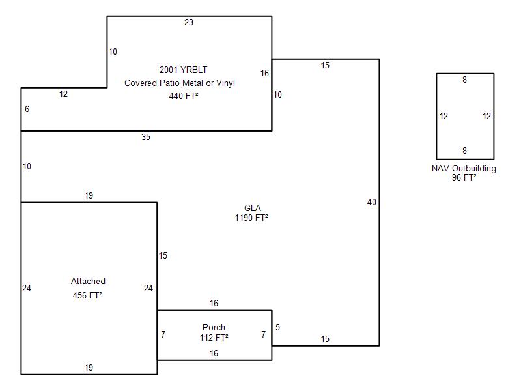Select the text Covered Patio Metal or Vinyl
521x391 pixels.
(x=180, y=83)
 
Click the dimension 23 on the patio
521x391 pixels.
(x=188, y=23)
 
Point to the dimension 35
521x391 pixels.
(x=146, y=137)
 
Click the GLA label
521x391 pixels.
(x=253, y=208)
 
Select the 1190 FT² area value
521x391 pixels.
(x=252, y=218)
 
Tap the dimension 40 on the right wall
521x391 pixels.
(x=371, y=203)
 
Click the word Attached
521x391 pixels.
(x=88, y=282)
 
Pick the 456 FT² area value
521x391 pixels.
(x=88, y=295)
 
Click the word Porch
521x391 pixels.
(x=214, y=327)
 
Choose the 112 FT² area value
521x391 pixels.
(x=214, y=338)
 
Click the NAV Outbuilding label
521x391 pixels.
(x=464, y=168)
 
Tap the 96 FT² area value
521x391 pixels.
(x=464, y=177)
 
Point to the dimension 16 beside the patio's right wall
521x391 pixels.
(x=264, y=73)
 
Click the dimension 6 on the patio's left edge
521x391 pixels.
(x=27, y=109)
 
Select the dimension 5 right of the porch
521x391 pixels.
(x=277, y=327)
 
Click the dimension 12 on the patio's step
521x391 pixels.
(x=63, y=94)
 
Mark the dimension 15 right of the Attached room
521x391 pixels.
(x=163, y=256)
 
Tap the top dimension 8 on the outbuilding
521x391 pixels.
(x=464, y=80)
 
